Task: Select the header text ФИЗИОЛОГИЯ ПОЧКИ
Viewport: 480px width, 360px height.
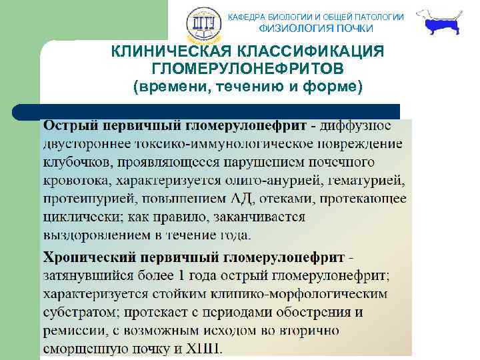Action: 316,29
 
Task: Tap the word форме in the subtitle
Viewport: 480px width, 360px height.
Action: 333,87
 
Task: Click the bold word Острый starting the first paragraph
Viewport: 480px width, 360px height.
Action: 69,125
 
